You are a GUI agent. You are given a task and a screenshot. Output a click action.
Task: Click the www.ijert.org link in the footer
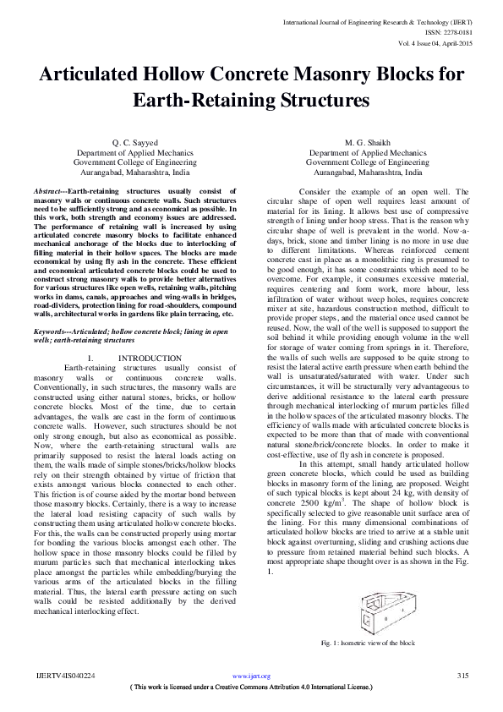[251, 676]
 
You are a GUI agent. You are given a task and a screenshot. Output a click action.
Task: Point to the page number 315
[462, 676]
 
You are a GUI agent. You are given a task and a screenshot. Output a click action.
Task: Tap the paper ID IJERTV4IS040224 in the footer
[64, 676]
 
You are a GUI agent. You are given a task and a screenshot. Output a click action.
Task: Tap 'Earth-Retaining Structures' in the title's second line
[251, 100]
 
